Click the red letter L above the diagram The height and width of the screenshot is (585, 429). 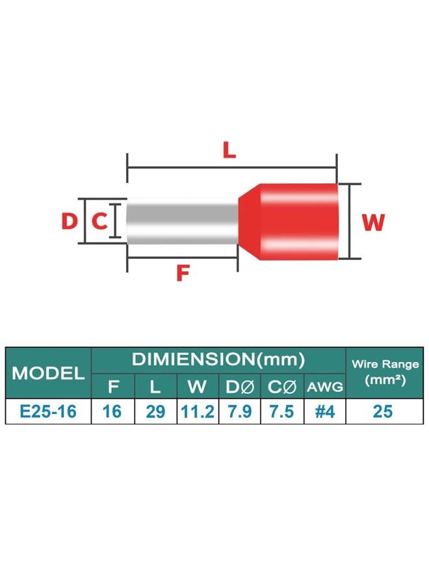tap(229, 150)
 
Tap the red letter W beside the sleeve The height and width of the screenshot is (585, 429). tap(373, 223)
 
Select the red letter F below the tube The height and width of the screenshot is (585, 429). tap(183, 272)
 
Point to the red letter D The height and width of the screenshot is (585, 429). tap(69, 220)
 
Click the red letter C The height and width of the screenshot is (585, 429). tap(99, 220)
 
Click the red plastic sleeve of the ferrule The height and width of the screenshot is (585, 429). tap(289, 222)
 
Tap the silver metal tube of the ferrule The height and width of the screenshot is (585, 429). tap(183, 221)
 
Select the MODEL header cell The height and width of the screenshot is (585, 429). tap(48, 372)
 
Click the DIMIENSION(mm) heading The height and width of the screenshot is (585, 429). tap(218, 359)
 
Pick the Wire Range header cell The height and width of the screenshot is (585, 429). tap(385, 372)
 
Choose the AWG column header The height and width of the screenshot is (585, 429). tap(325, 387)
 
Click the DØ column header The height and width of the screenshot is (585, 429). tap(239, 387)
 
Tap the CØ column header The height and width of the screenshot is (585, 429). tap(282, 387)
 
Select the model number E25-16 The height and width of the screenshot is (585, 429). tap(48, 411)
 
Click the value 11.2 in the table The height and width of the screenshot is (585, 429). tap(198, 411)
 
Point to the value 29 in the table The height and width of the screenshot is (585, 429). tap(155, 411)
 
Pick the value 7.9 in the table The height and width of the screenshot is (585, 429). tap(239, 411)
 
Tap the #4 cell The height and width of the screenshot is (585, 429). tap(325, 411)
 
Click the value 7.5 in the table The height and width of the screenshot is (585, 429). tap(281, 411)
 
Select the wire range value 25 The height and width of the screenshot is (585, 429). tap(383, 411)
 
